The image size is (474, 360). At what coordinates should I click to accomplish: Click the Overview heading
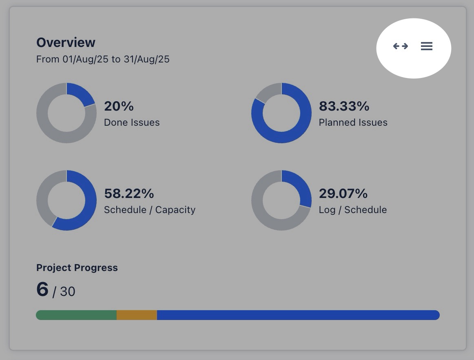(66, 42)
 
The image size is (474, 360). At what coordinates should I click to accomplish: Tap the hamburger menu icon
(426, 46)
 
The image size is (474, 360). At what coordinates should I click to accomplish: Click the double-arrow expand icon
(400, 46)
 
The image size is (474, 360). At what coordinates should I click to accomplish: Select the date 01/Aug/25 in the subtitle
(85, 59)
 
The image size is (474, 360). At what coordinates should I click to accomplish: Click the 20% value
(119, 106)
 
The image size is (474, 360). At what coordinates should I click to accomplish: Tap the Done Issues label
(132, 122)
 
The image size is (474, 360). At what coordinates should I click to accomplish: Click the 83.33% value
(344, 106)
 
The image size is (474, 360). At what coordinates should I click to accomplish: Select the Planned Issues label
(353, 122)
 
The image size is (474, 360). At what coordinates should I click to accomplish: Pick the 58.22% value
(129, 193)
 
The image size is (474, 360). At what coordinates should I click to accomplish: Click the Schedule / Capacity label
(150, 210)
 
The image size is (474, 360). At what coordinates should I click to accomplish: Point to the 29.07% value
(343, 193)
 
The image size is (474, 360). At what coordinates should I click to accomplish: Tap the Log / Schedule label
(352, 210)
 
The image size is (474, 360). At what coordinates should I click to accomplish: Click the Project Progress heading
(77, 268)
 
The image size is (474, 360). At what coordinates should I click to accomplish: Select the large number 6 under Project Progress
(42, 289)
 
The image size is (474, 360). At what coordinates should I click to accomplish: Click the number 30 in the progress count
(67, 292)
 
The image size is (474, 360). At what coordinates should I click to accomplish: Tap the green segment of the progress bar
(76, 315)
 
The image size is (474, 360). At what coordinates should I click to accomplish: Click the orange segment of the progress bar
(137, 315)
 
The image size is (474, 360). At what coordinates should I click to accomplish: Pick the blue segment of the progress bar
(298, 315)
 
